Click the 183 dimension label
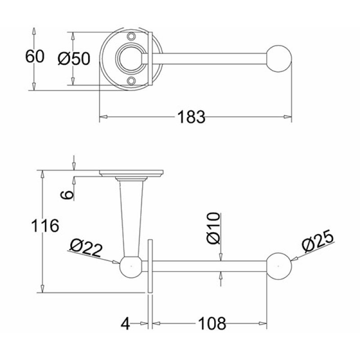tap(191, 117)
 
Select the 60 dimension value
tap(35, 57)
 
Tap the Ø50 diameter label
tap(74, 58)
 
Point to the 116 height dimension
tap(45, 226)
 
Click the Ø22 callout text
tap(85, 248)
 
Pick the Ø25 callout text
tap(318, 241)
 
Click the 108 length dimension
tap(211, 324)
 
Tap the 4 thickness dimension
tap(125, 324)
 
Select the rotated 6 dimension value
tap(67, 195)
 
